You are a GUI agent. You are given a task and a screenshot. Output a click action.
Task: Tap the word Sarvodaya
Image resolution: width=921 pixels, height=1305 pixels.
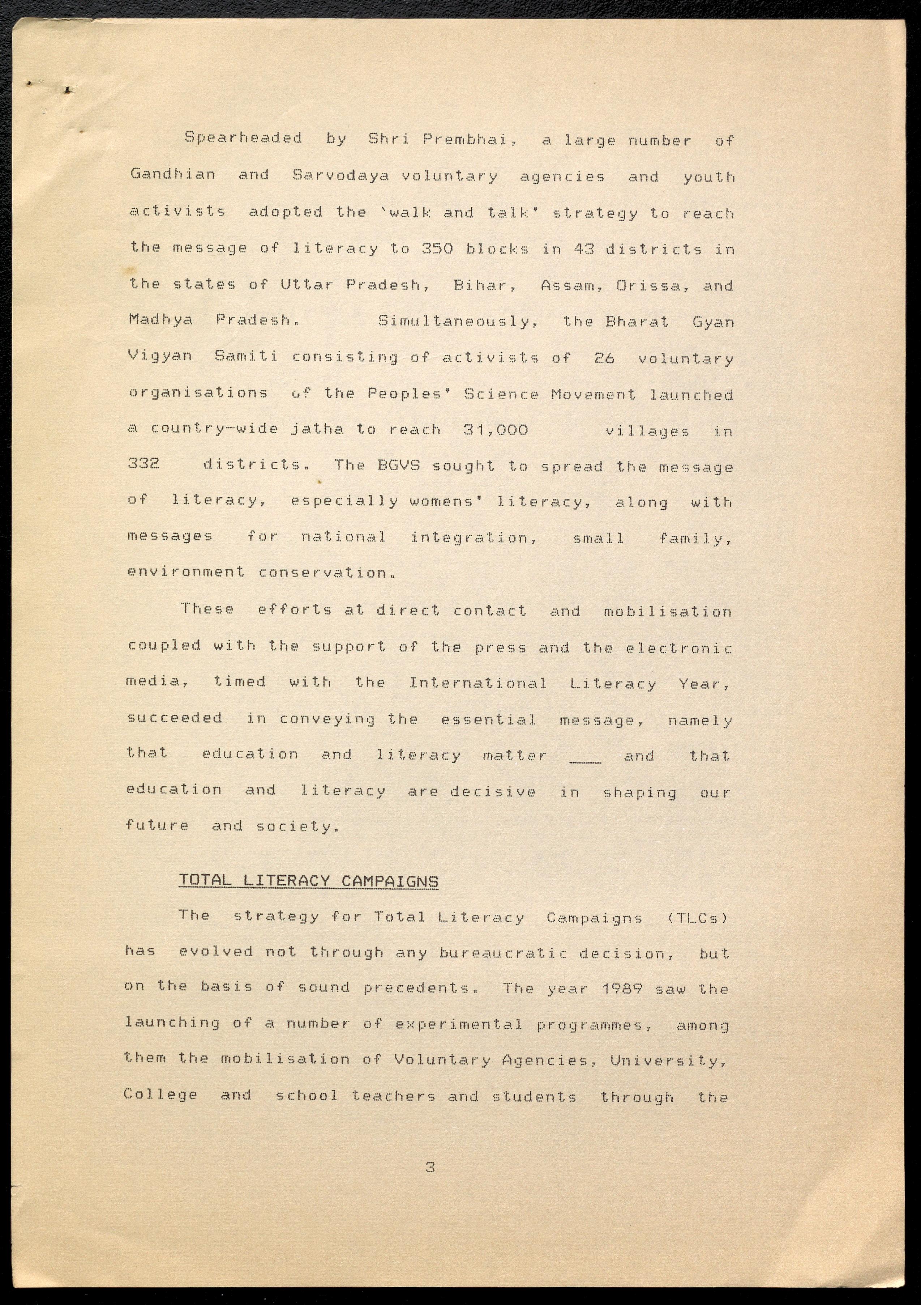(x=340, y=176)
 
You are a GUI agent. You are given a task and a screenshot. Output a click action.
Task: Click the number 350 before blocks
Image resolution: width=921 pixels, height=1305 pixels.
(x=437, y=249)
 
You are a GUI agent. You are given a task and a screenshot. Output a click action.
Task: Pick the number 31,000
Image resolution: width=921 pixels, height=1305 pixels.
(x=496, y=430)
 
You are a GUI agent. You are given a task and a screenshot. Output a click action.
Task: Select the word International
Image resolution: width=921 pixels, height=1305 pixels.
(x=478, y=683)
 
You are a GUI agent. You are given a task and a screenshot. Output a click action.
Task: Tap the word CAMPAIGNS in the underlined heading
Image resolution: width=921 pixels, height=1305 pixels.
(x=390, y=881)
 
